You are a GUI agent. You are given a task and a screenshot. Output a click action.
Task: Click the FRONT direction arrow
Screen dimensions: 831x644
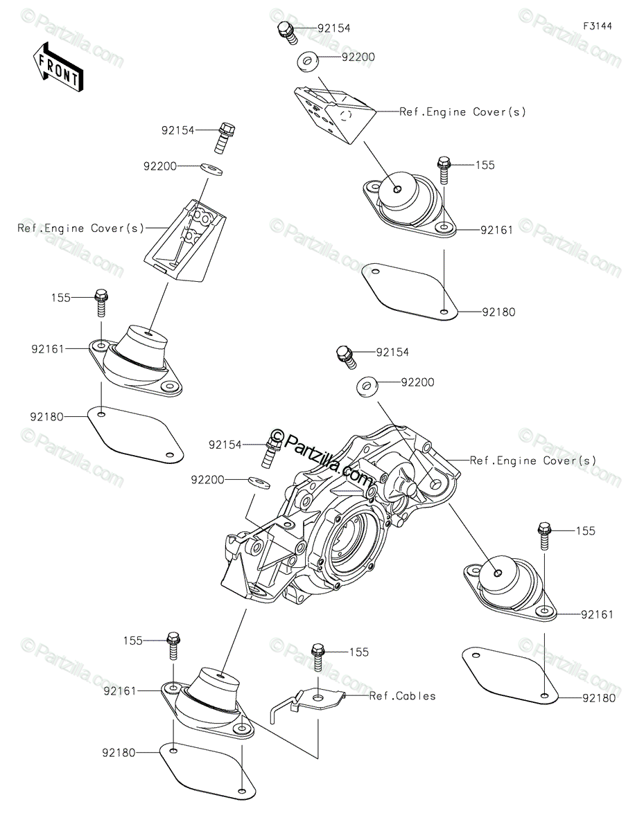(58, 66)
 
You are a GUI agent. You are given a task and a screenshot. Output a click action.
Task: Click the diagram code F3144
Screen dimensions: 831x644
(598, 26)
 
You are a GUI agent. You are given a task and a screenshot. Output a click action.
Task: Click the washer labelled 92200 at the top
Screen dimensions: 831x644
(308, 62)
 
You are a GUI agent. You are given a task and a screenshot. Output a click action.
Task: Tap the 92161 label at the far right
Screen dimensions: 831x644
(597, 614)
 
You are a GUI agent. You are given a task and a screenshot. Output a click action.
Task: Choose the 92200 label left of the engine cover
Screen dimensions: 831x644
(209, 479)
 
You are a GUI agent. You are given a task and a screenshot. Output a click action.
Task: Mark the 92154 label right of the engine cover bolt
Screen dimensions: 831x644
(392, 352)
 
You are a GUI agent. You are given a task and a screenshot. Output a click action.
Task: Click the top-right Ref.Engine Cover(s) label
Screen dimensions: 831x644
(462, 111)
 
